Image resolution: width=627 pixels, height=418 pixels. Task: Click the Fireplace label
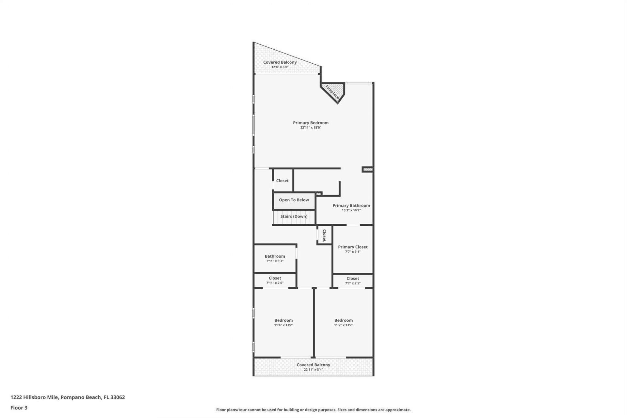(332, 92)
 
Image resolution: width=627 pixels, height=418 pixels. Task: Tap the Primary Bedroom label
(311, 123)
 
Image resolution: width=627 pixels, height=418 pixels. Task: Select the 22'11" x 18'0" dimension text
(311, 128)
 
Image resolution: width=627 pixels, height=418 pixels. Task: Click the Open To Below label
(294, 200)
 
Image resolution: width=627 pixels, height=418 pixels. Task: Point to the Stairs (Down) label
(294, 217)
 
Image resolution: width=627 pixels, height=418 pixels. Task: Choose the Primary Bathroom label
(351, 205)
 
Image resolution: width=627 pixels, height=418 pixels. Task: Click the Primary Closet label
(353, 247)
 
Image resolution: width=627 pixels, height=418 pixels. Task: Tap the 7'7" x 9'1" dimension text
(353, 252)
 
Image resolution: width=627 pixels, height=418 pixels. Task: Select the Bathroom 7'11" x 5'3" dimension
(275, 261)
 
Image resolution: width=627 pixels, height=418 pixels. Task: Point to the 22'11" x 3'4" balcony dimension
(313, 370)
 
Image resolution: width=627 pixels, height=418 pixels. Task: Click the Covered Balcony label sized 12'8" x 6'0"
(280, 62)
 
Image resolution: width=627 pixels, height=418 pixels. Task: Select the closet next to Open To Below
(282, 181)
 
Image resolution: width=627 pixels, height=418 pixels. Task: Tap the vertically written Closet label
(324, 235)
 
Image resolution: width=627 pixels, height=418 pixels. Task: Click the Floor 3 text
(19, 408)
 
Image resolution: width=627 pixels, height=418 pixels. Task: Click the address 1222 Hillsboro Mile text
(68, 397)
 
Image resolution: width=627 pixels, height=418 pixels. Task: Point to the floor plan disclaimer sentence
(313, 410)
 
